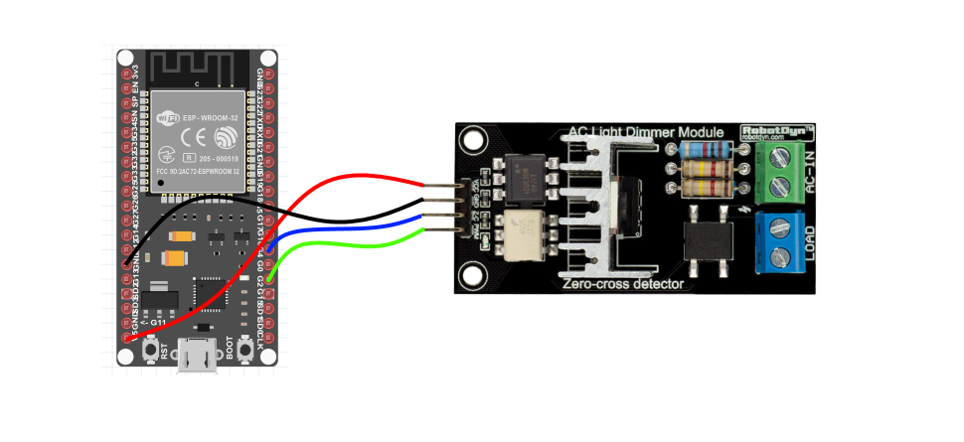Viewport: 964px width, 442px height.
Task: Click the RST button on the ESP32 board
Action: pyautogui.click(x=152, y=349)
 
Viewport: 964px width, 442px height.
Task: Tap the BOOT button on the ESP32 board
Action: pyautogui.click(x=243, y=349)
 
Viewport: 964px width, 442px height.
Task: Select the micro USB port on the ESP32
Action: pyautogui.click(x=198, y=355)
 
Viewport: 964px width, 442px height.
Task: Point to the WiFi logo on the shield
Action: pyautogui.click(x=169, y=118)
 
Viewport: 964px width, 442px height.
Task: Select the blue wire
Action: pyautogui.click(x=338, y=228)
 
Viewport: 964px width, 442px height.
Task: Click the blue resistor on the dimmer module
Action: pyautogui.click(x=707, y=150)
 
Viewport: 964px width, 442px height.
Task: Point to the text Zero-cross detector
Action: pyautogui.click(x=623, y=284)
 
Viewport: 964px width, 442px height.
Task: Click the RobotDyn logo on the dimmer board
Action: pyautogui.click(x=777, y=132)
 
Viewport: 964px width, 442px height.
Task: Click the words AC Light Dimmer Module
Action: pyautogui.click(x=650, y=133)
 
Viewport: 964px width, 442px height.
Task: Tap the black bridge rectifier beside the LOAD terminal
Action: pyautogui.click(x=709, y=238)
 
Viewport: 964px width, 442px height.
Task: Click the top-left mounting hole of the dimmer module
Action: pyautogui.click(x=472, y=140)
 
